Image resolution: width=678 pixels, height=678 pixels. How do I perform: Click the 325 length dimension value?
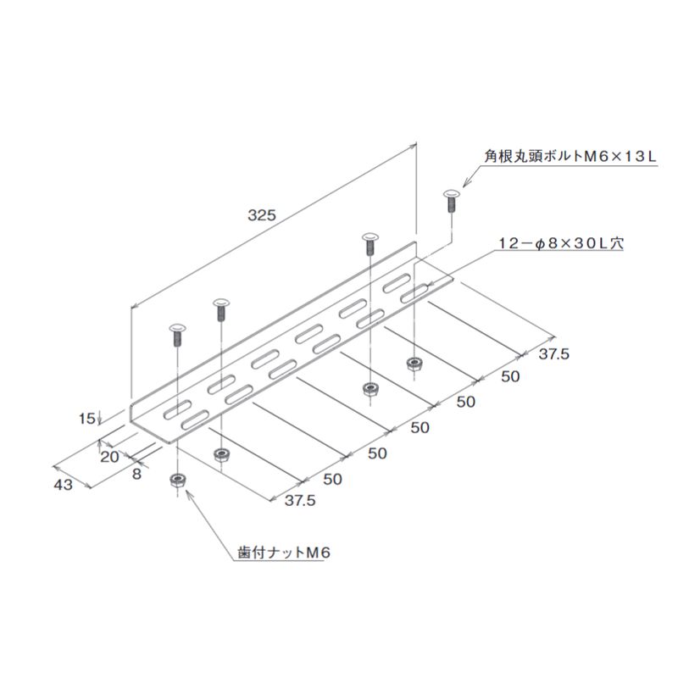pos(262,215)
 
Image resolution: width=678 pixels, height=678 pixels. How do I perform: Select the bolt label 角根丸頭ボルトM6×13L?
pos(570,156)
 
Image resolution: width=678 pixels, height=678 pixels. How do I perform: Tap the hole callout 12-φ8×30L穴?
pos(561,243)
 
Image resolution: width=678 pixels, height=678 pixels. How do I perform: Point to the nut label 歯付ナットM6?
pos(284,553)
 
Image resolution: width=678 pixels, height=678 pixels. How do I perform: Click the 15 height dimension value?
pos(86,418)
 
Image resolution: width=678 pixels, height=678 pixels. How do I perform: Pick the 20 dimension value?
pos(109,457)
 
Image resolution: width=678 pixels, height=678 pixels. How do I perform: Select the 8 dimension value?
pos(136,474)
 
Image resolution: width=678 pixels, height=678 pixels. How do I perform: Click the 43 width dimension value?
pos(63,485)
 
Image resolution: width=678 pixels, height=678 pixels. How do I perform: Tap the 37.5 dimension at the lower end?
pos(300,500)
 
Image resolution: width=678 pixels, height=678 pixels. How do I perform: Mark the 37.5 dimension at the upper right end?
pos(554,354)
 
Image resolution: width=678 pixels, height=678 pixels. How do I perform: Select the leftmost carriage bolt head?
pos(177,327)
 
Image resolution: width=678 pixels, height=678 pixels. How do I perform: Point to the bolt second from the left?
pos(221,309)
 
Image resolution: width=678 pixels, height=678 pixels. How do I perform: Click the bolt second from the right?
pos(370,244)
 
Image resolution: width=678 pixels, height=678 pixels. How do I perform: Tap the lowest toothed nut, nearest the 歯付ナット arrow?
pos(177,481)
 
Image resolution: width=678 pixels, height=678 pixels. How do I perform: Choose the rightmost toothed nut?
pos(414,364)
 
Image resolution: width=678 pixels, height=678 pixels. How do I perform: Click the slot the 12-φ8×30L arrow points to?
pos(414,293)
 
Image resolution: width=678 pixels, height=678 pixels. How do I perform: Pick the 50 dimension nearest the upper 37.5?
pos(510,376)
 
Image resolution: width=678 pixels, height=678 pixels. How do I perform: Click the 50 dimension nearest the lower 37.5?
pos(332,479)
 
